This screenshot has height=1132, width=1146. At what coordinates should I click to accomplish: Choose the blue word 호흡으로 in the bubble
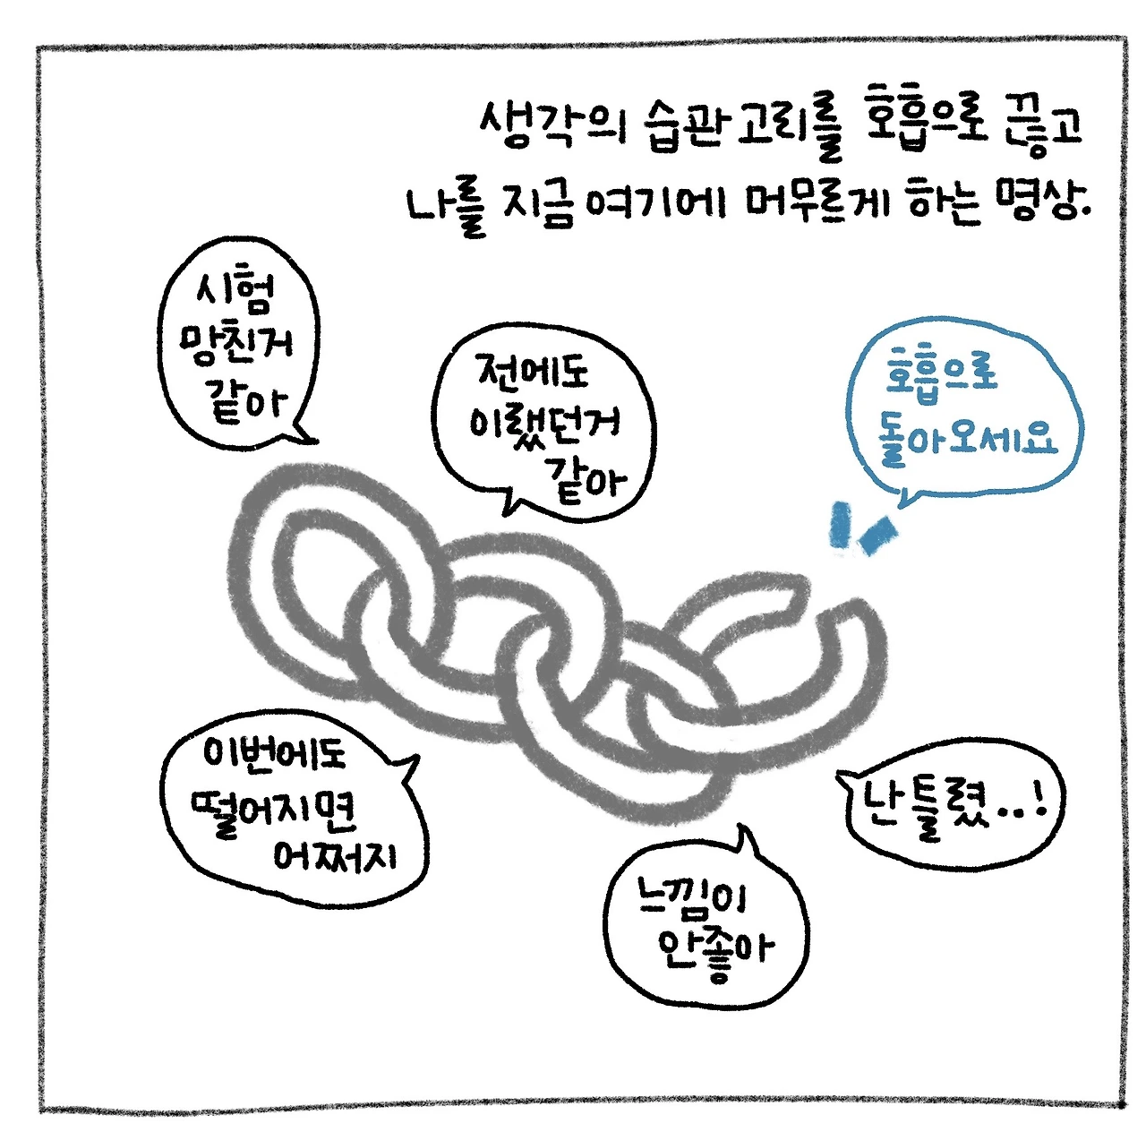click(x=941, y=372)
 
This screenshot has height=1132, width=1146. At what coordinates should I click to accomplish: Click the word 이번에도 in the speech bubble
click(x=274, y=753)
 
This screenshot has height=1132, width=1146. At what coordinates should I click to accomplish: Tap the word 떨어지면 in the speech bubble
click(x=274, y=811)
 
